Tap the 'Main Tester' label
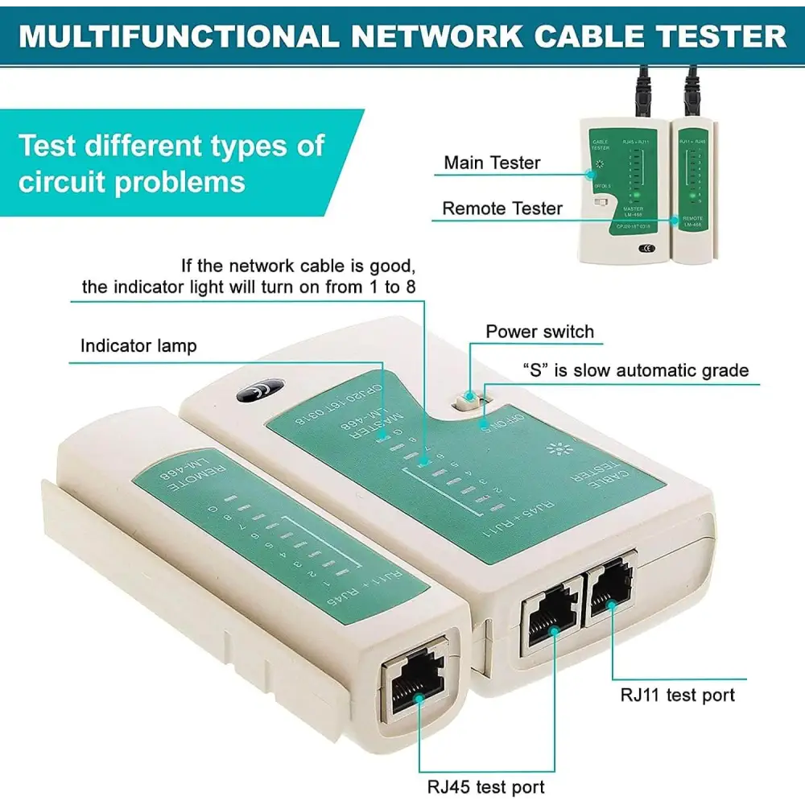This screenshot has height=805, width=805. click(492, 163)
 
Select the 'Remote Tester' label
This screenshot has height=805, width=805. click(502, 208)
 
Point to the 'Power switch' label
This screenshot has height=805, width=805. click(539, 332)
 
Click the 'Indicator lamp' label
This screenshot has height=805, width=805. click(138, 346)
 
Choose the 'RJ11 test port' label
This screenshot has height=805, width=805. click(677, 694)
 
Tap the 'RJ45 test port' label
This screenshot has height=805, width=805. click(485, 786)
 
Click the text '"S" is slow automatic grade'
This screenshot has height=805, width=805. click(635, 370)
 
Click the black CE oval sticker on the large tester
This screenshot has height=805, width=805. click(259, 390)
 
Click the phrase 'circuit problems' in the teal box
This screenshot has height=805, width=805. click(131, 182)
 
